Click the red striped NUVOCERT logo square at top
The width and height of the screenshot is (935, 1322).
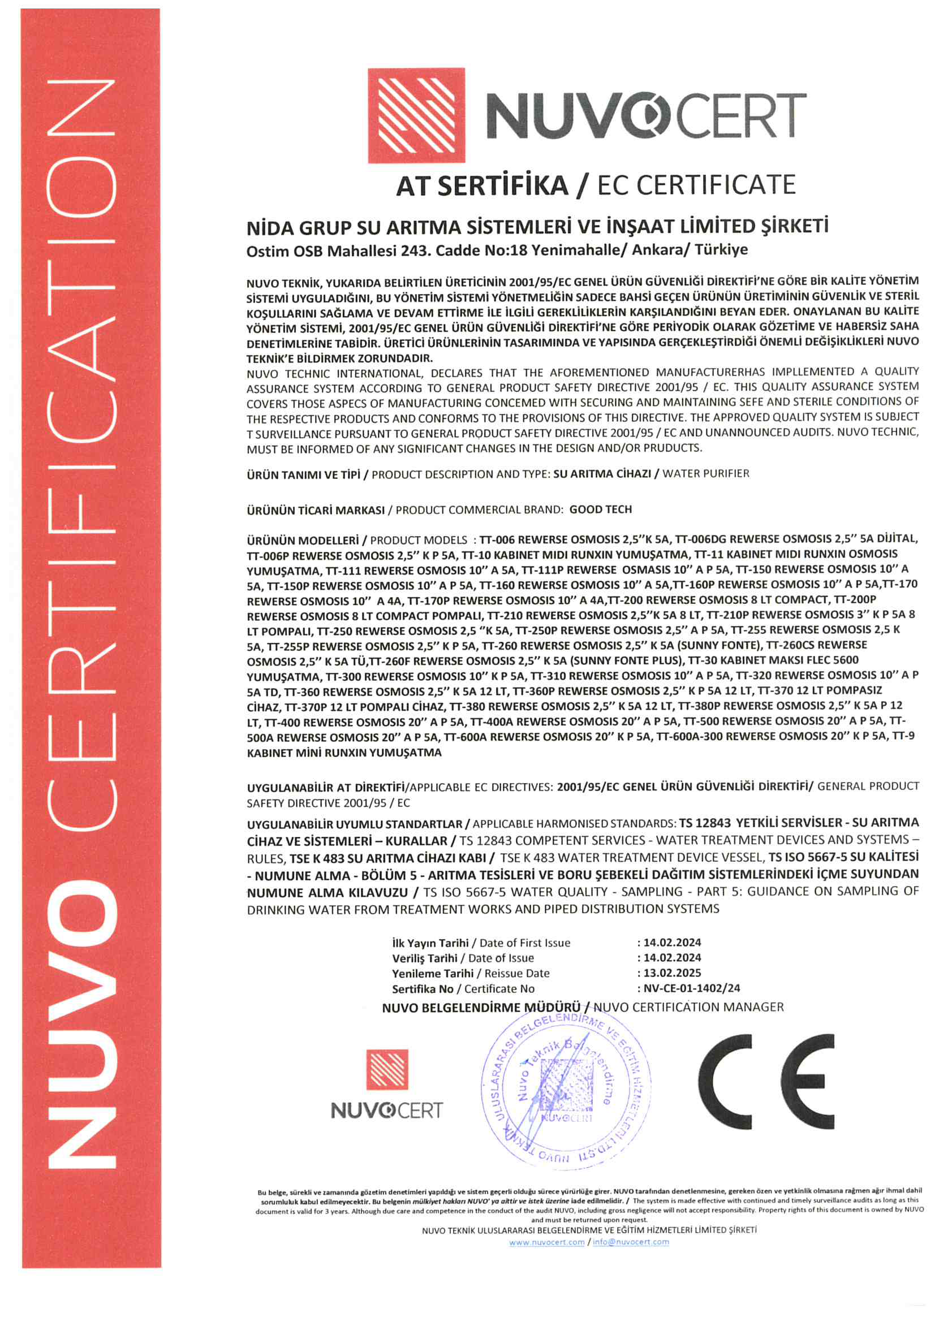pos(416,115)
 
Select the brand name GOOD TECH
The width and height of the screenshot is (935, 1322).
pos(600,509)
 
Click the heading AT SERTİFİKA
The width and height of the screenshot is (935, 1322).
pos(481,186)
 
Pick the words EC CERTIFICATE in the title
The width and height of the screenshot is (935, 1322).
pos(696,185)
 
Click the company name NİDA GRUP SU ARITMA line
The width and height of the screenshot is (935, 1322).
pos(537,227)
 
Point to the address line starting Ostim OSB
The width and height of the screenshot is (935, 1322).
pos(497,250)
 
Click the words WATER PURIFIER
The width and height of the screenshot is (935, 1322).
pos(706,474)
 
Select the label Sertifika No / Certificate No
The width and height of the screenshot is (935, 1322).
pos(463,989)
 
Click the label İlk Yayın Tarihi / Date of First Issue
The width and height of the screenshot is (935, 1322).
pos(481,943)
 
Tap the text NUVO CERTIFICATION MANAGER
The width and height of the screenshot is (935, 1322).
pos(688,1007)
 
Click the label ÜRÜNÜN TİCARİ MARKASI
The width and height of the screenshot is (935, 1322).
pos(315,510)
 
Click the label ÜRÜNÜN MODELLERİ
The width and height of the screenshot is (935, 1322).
pos(303,541)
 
